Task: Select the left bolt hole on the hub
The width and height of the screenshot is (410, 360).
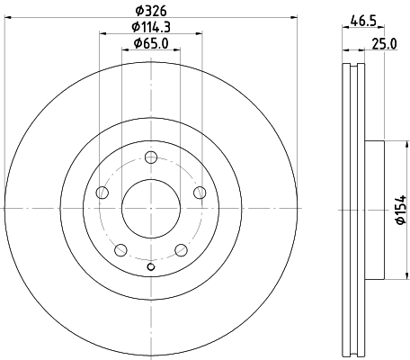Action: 102,193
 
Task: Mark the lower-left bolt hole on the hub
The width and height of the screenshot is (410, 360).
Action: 120,249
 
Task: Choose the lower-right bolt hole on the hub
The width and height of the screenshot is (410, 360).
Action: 181,249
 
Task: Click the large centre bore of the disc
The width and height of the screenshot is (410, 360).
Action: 151,208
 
